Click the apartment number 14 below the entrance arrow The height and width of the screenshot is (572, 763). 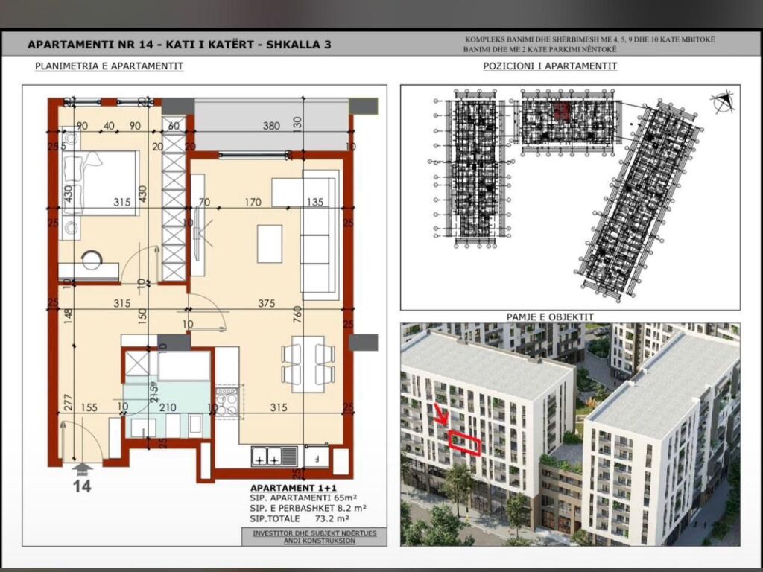click(82, 486)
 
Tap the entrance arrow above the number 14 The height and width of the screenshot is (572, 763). click(83, 468)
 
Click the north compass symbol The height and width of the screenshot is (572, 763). click(722, 102)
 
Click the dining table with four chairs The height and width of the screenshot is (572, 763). click(308, 364)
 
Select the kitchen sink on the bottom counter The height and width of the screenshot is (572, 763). click(273, 456)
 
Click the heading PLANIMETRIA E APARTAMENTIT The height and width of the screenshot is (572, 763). click(109, 66)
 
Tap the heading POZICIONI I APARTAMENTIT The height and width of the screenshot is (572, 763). click(550, 66)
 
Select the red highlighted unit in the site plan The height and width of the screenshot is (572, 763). click(561, 112)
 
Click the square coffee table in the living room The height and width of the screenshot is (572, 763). click(270, 244)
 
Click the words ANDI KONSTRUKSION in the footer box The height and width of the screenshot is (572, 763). click(314, 541)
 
